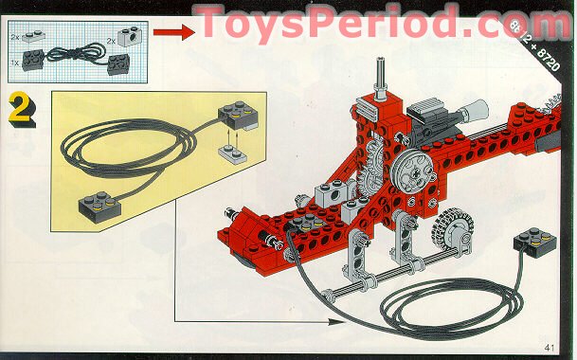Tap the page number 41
[550, 347]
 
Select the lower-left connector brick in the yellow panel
[96, 202]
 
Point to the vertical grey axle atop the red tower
[377, 76]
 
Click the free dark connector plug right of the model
[532, 245]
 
